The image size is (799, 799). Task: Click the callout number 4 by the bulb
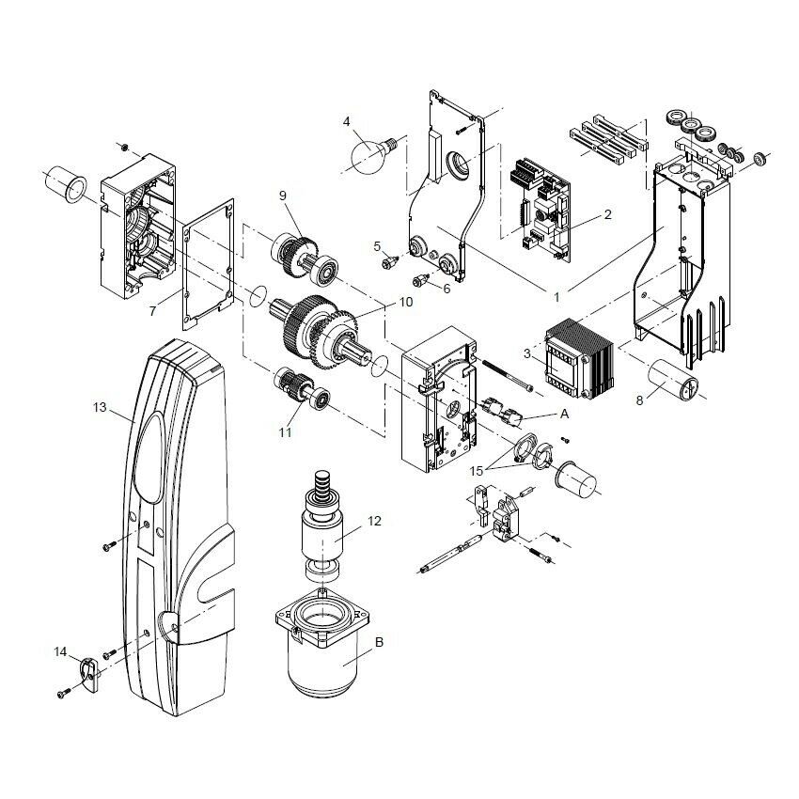click(347, 121)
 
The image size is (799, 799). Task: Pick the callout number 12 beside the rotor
click(374, 520)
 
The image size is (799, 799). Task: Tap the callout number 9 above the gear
click(281, 196)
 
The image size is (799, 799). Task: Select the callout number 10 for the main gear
click(406, 303)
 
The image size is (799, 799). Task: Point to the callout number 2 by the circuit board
click(607, 214)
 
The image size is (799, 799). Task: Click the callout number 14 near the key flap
click(60, 650)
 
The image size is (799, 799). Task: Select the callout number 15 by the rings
click(477, 469)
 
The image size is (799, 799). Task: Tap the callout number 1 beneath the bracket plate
click(556, 296)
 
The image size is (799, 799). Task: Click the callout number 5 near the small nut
click(377, 246)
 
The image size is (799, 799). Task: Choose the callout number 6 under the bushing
click(446, 288)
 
